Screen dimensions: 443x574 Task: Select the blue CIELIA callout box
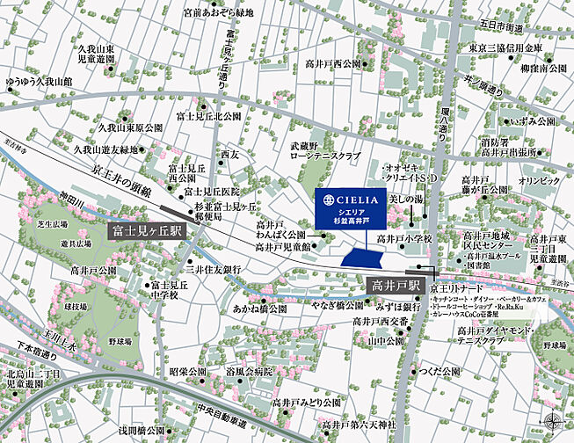[x=352, y=207]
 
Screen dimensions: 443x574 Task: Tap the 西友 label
[x=230, y=154]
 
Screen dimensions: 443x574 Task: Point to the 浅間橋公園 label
[x=142, y=431]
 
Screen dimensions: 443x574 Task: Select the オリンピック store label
[x=538, y=180]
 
